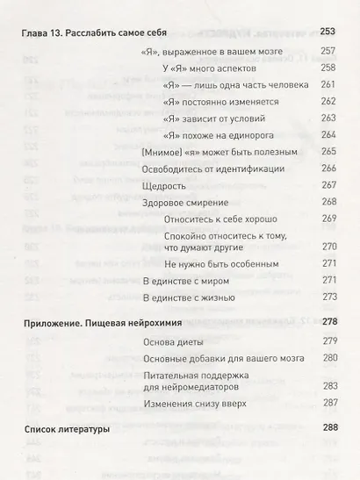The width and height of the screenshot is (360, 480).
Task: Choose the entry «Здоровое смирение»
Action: pos(183,202)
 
